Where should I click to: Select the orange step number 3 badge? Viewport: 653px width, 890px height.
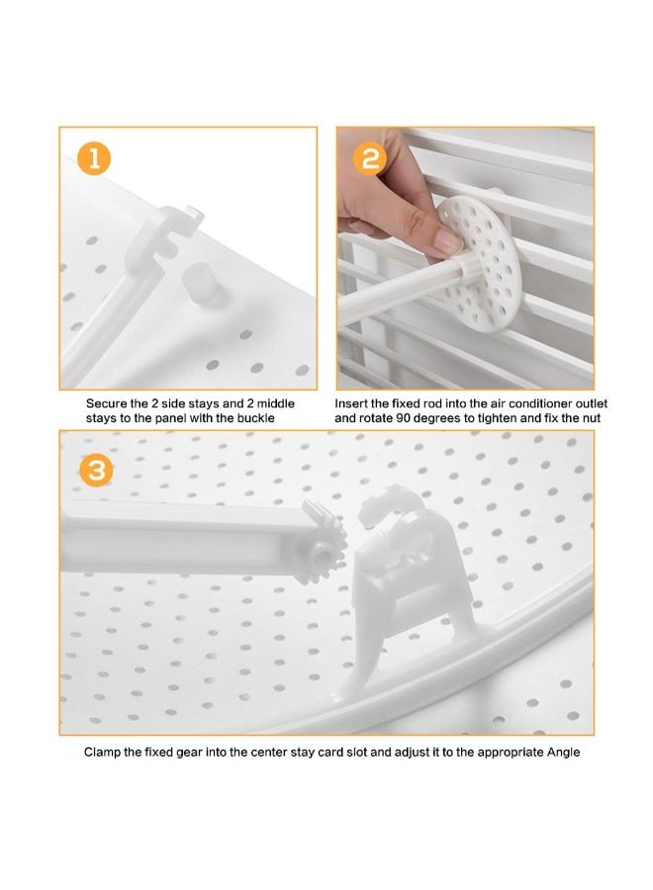click(x=96, y=471)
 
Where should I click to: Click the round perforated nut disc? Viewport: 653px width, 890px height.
click(x=478, y=263)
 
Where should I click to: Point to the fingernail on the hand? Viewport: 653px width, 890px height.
click(x=447, y=242)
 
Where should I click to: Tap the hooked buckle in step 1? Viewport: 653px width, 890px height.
click(x=163, y=238)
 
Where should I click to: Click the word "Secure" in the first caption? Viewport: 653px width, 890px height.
click(x=106, y=403)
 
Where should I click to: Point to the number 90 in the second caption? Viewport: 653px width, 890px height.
click(x=403, y=418)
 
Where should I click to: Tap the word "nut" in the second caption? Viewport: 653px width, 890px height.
click(x=591, y=418)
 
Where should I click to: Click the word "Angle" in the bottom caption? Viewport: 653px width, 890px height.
click(x=563, y=753)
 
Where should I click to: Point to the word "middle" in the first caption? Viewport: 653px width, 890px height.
click(x=275, y=403)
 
